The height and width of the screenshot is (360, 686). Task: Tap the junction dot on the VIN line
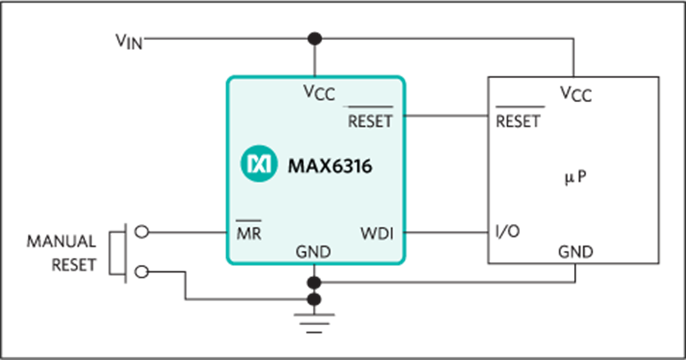point(315,39)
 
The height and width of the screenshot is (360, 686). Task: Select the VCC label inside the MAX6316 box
point(319,93)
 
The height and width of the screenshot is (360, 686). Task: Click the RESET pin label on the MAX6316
point(370,121)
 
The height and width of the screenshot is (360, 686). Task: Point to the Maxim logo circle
point(259,163)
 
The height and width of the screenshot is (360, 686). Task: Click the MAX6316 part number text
point(330,166)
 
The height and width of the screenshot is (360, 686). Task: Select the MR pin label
point(249,233)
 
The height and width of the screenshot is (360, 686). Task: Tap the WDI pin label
point(377,233)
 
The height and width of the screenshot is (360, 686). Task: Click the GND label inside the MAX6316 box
point(313,252)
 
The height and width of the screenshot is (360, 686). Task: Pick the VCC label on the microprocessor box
point(576,94)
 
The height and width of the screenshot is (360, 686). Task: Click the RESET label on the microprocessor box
point(518,121)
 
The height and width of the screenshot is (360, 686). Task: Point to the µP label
point(575,177)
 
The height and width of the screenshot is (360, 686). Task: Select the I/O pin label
point(507,231)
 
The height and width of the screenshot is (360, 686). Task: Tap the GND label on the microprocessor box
point(576,252)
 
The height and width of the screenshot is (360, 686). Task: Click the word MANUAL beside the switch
point(61,241)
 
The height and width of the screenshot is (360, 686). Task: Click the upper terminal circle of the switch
point(141,232)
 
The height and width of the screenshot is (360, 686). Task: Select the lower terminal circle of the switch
point(141,272)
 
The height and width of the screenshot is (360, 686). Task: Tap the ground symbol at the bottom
point(314,323)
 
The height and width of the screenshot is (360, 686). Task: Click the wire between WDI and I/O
point(446,232)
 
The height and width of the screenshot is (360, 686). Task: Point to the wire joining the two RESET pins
point(446,116)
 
